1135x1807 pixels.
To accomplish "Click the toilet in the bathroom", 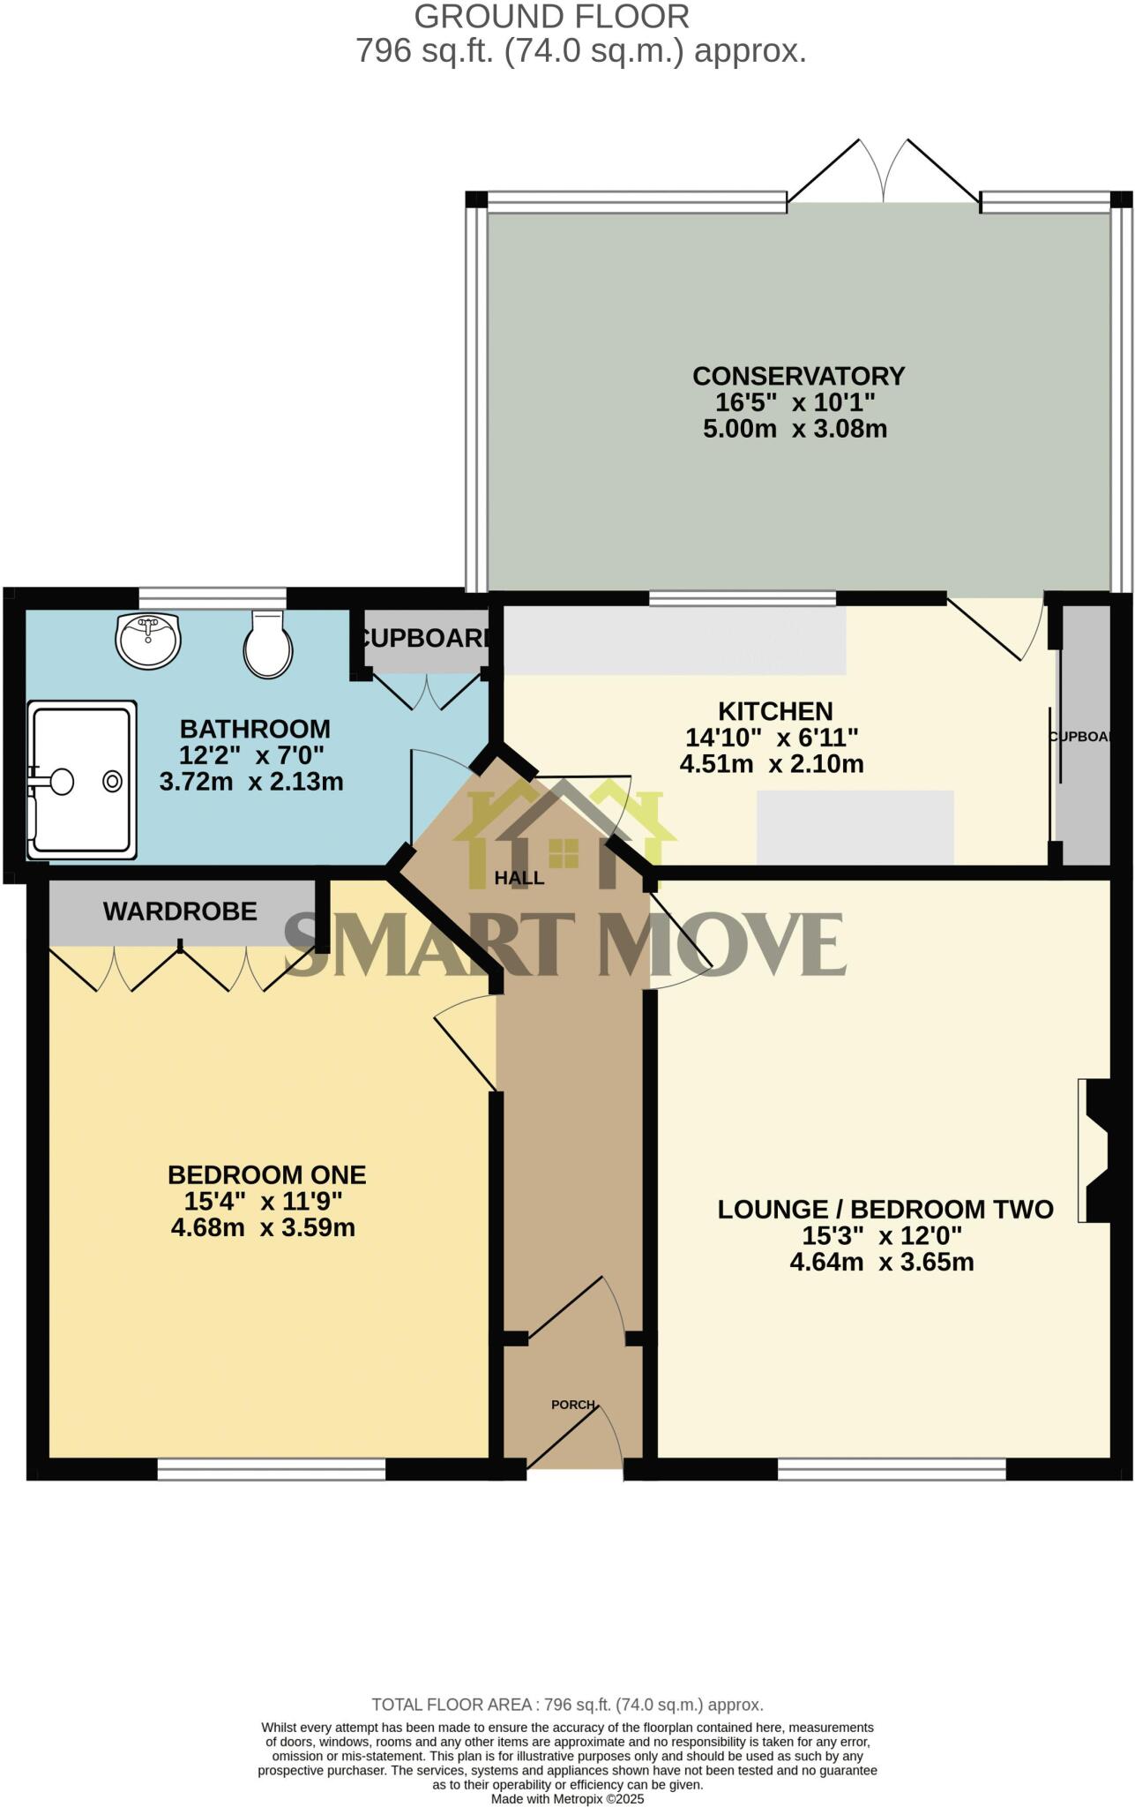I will (268, 645).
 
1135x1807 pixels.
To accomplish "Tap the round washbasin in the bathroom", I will (148, 640).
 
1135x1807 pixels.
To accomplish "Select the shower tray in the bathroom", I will (82, 779).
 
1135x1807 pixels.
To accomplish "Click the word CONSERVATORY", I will (798, 376).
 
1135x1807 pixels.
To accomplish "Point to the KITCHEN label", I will (775, 711).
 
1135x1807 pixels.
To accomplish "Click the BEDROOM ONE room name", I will (266, 1174).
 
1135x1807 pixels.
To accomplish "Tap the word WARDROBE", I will (180, 911).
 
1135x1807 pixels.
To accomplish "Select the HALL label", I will (519, 878).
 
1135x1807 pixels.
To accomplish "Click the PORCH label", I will (573, 1404).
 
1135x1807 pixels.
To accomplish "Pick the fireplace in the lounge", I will (1094, 1151).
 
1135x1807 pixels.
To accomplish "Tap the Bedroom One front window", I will (272, 1468).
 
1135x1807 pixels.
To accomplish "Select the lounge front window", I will (892, 1468).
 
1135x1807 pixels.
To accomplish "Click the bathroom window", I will (213, 598).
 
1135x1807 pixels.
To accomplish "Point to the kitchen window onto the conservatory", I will (743, 599).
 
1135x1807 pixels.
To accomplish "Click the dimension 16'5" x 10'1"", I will (795, 403).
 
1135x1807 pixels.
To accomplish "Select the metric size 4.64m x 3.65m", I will (882, 1262).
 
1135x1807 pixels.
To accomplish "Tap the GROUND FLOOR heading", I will (552, 17).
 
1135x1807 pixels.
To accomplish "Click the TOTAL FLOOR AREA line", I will (567, 1705).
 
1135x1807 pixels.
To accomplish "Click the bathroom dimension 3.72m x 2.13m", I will (251, 782).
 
